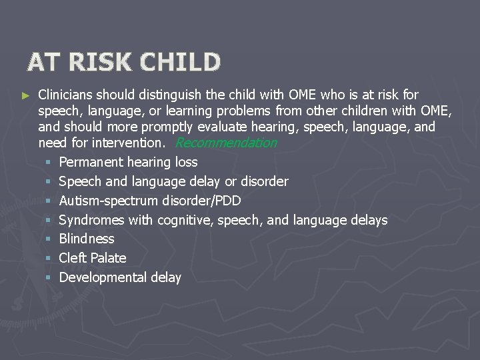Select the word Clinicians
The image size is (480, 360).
[69, 95]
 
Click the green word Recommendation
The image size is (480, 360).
[227, 143]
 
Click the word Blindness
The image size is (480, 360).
[87, 239]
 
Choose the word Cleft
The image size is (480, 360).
[73, 258]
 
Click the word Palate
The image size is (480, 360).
[108, 258]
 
